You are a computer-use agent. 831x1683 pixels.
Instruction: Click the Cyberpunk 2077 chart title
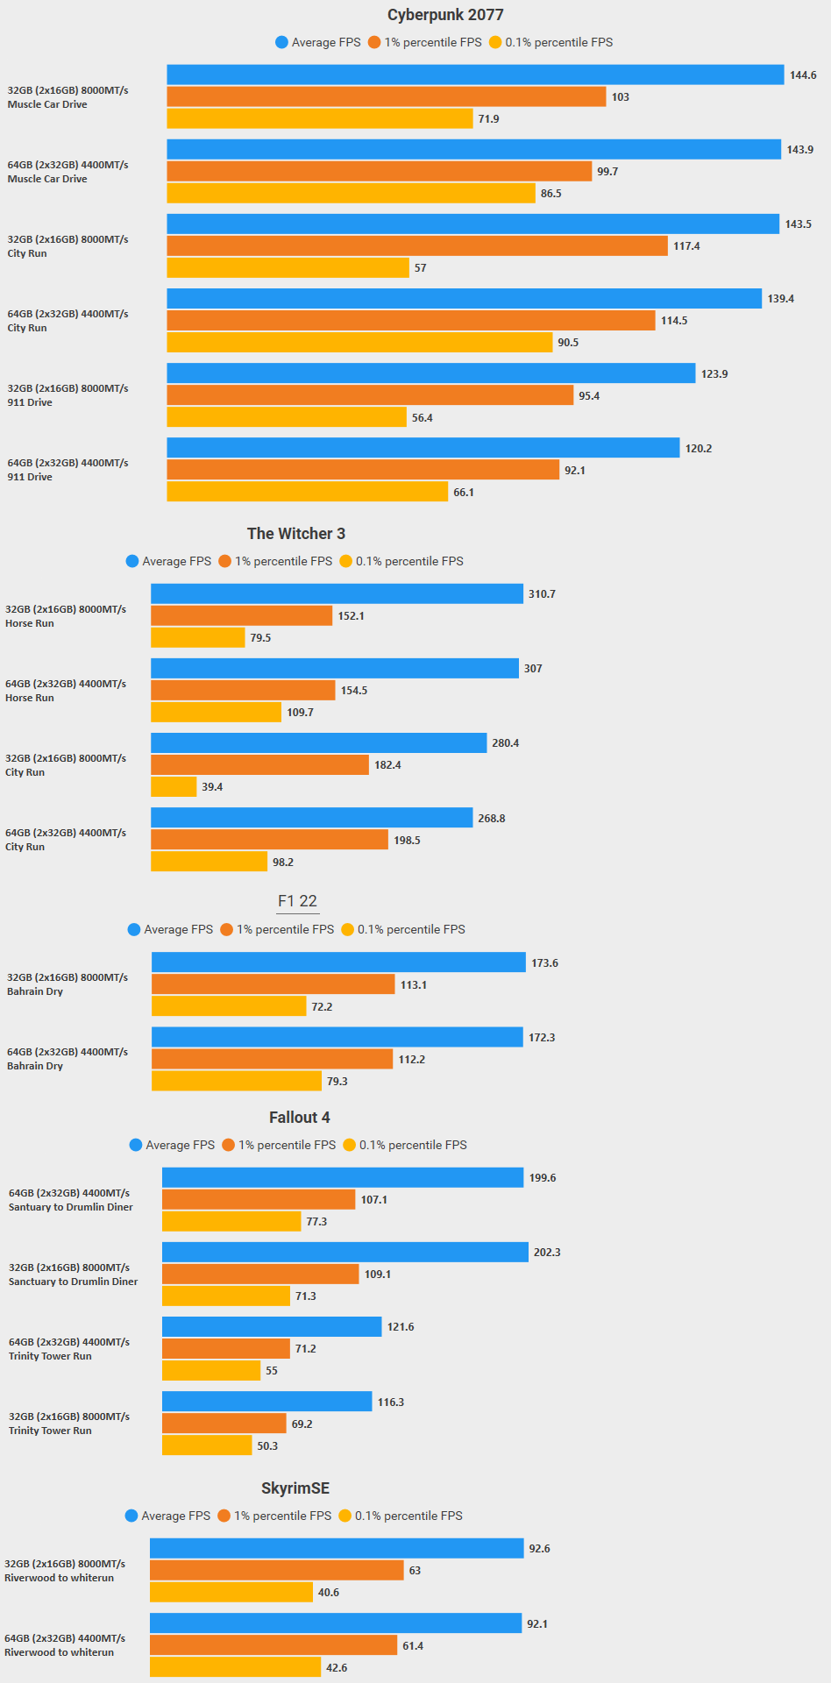coord(445,15)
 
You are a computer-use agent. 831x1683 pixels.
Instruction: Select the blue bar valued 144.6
coord(475,75)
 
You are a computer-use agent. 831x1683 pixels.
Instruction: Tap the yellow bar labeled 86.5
coord(351,193)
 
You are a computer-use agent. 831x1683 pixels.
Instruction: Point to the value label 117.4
coord(686,246)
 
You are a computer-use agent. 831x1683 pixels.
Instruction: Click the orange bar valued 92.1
coord(363,470)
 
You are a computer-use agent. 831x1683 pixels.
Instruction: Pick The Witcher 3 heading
coord(296,534)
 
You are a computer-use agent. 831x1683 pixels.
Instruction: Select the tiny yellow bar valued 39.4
coord(174,787)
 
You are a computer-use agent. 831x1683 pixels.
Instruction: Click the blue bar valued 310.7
coord(337,593)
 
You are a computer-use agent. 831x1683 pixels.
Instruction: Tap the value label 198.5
coord(407,841)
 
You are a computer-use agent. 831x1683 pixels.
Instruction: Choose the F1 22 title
coord(297,901)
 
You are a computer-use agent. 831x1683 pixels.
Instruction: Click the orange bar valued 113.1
coord(273,984)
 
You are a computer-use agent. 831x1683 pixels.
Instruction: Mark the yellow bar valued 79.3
coord(237,1081)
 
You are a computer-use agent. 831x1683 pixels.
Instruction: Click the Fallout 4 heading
coord(300,1118)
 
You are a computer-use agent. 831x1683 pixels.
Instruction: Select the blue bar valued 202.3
coord(345,1252)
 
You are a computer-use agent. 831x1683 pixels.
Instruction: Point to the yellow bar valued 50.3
coord(207,1445)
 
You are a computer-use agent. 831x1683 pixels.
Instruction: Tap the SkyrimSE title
coord(295,1488)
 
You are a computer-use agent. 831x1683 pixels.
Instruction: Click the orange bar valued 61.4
coord(273,1645)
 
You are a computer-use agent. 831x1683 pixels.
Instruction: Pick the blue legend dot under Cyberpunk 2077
coord(281,42)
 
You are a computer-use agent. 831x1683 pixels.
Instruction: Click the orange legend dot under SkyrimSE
coord(224,1516)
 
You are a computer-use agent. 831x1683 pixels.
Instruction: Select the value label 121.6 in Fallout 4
coord(401,1327)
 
